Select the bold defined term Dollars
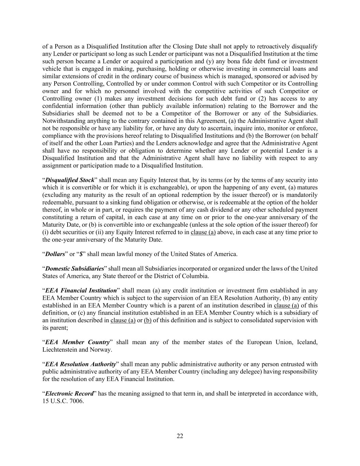(x=55, y=254)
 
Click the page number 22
(x=180, y=436)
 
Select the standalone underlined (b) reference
(x=148, y=320)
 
